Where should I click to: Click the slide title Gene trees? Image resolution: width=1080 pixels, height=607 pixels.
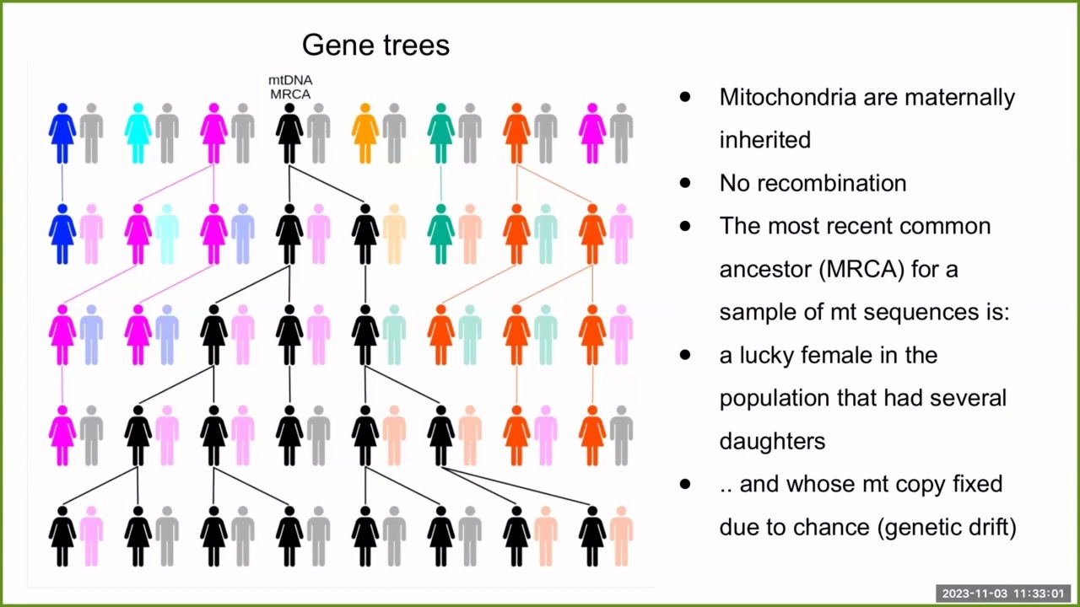tap(375, 45)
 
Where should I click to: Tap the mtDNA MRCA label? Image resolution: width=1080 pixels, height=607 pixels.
tap(290, 87)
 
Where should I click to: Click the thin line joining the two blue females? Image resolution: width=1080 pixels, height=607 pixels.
tap(62, 184)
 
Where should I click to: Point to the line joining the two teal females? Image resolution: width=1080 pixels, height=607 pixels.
tap(440, 184)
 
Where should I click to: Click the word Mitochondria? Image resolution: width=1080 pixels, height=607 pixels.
tap(783, 97)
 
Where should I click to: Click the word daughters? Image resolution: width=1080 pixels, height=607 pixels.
tap(772, 441)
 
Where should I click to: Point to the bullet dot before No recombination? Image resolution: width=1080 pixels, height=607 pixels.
tap(684, 183)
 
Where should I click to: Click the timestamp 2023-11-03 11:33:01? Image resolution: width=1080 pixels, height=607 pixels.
tap(1003, 594)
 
